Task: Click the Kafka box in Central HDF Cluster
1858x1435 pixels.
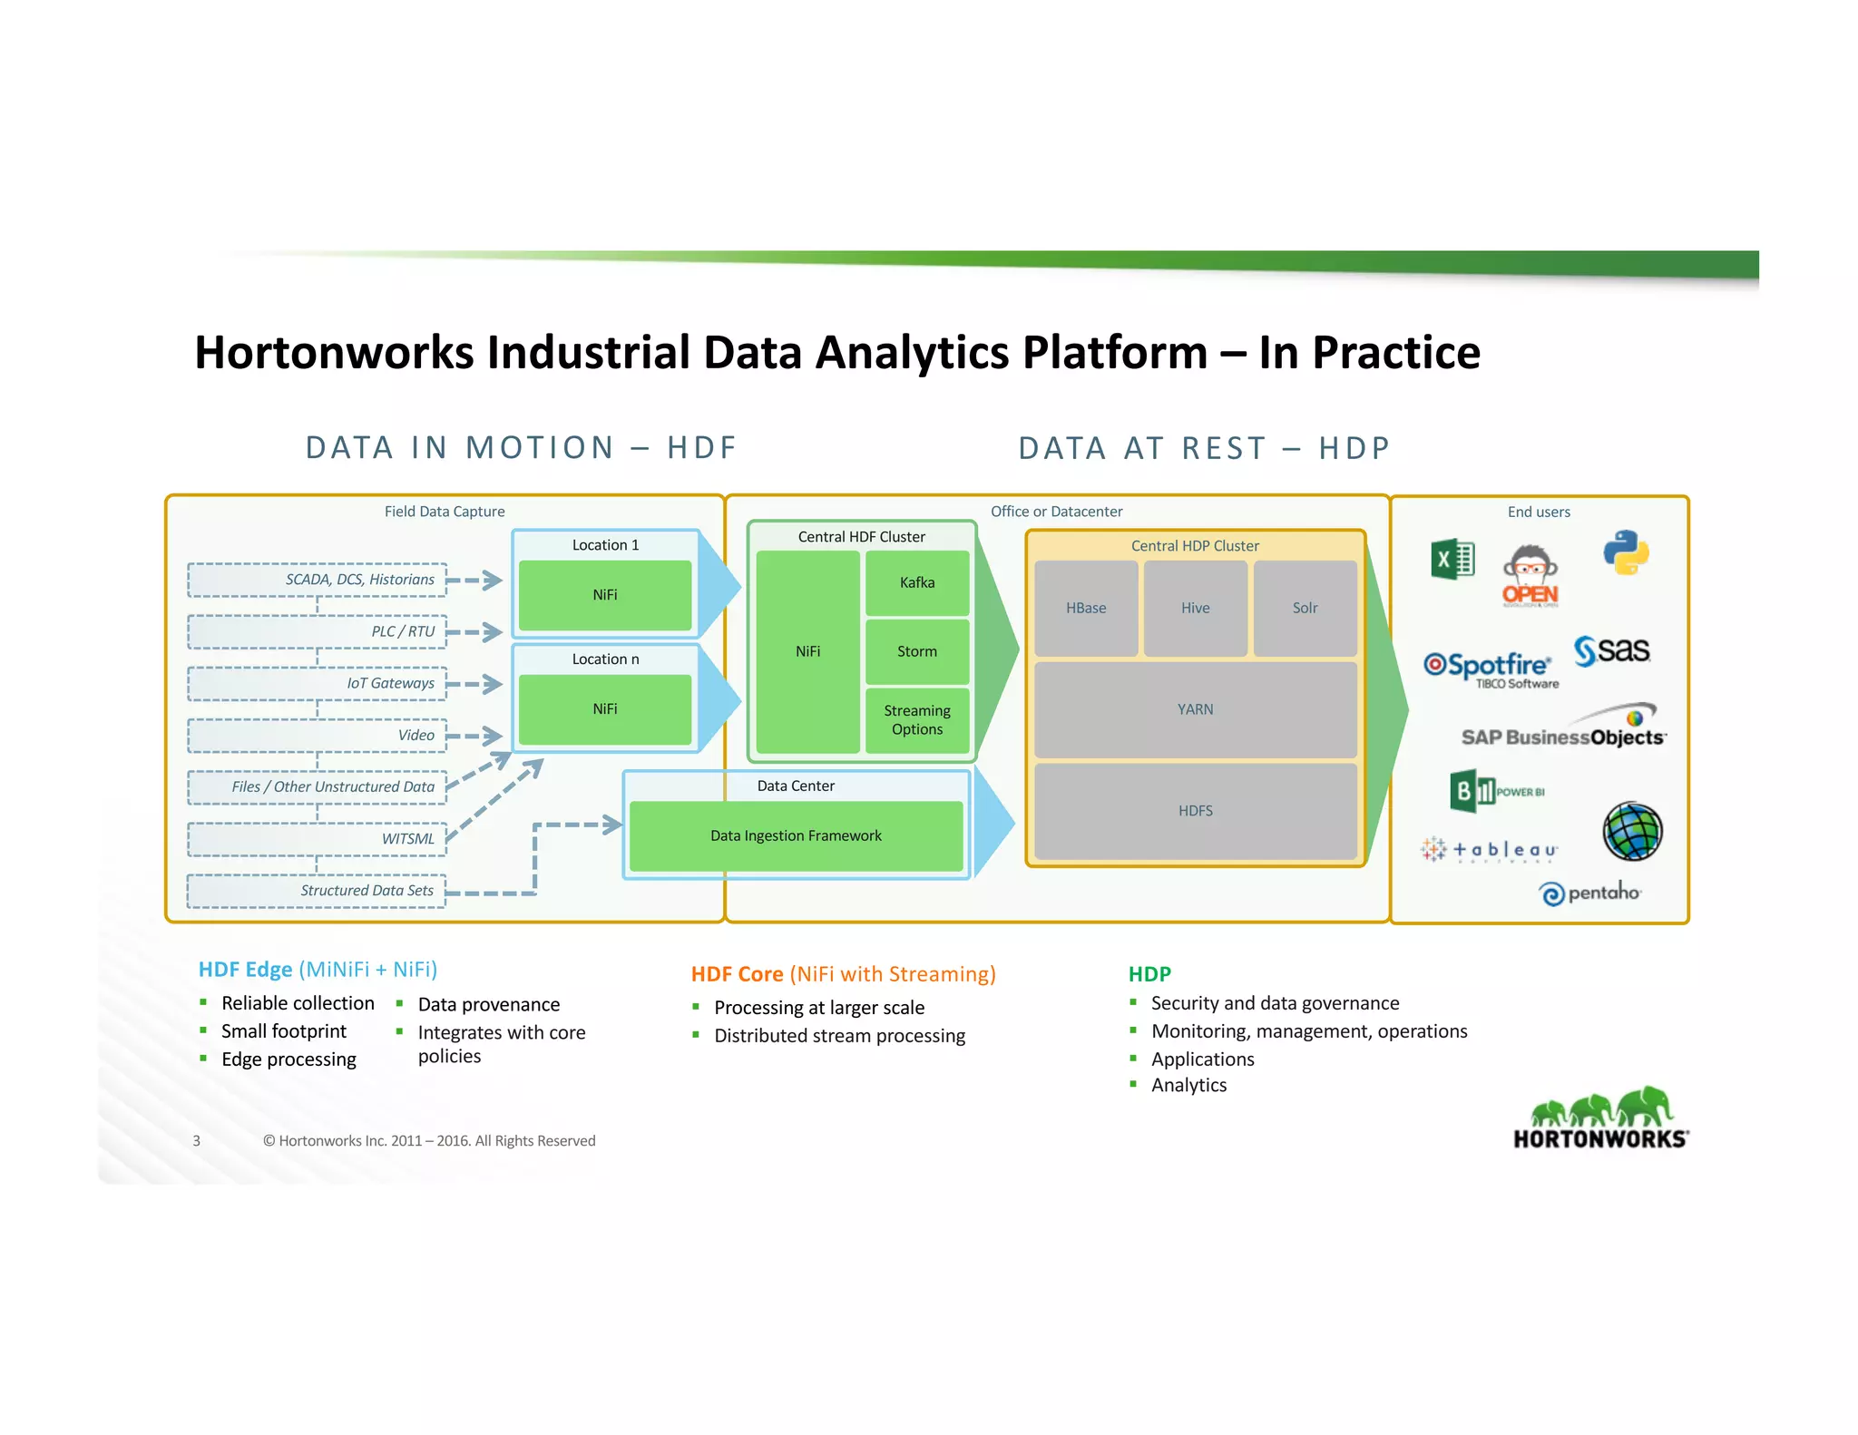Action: click(916, 582)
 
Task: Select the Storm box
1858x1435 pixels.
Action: click(916, 651)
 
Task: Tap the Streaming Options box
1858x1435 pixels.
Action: click(916, 720)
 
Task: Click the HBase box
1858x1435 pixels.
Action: click(1086, 608)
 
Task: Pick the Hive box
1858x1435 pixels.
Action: click(1195, 608)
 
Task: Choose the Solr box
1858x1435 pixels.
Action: click(1305, 608)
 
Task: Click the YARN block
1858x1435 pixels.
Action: click(1195, 709)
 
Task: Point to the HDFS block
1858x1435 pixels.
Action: click(1195, 811)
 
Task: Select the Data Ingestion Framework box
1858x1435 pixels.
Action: click(796, 835)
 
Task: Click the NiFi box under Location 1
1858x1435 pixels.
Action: click(605, 595)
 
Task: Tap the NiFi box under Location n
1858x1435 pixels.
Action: click(605, 709)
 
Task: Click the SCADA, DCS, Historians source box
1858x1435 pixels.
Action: click(318, 580)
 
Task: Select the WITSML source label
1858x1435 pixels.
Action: click(407, 839)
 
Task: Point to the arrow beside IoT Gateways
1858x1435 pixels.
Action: click(475, 683)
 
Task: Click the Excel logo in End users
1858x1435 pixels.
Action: click(1452, 560)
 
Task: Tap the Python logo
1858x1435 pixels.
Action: click(1625, 552)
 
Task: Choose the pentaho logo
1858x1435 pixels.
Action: click(1590, 893)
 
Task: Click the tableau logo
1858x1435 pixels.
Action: click(1490, 850)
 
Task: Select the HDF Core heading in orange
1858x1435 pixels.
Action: click(842, 974)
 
